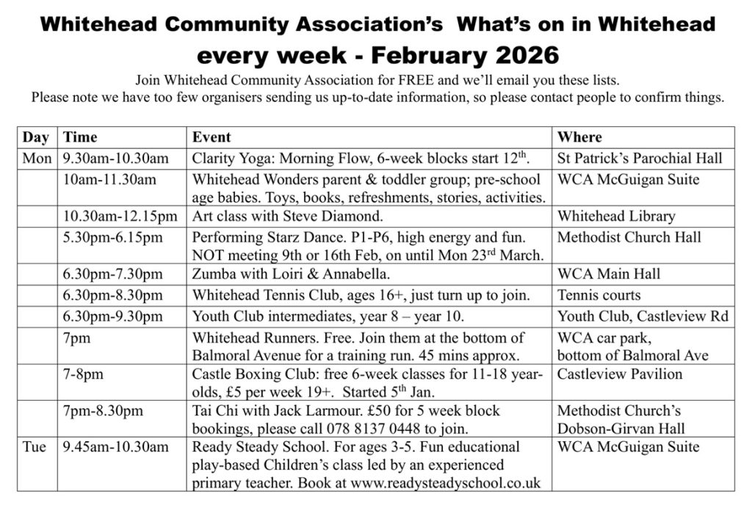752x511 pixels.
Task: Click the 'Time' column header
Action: (80, 137)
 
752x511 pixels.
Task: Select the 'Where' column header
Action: (579, 137)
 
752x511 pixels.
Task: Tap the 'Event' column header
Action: (211, 137)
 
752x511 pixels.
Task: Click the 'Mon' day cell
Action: (37, 158)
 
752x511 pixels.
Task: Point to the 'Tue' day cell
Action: (35, 446)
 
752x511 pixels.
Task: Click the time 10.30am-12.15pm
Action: (120, 216)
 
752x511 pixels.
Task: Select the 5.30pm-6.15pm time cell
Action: (113, 237)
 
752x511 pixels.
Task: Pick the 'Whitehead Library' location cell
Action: (615, 216)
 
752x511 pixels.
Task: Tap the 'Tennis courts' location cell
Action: (599, 295)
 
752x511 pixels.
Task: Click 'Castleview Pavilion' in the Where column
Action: (619, 374)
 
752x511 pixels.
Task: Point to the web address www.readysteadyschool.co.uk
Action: (446, 483)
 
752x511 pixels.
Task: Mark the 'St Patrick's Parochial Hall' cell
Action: (640, 158)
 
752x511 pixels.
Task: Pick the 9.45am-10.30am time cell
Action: (116, 446)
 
